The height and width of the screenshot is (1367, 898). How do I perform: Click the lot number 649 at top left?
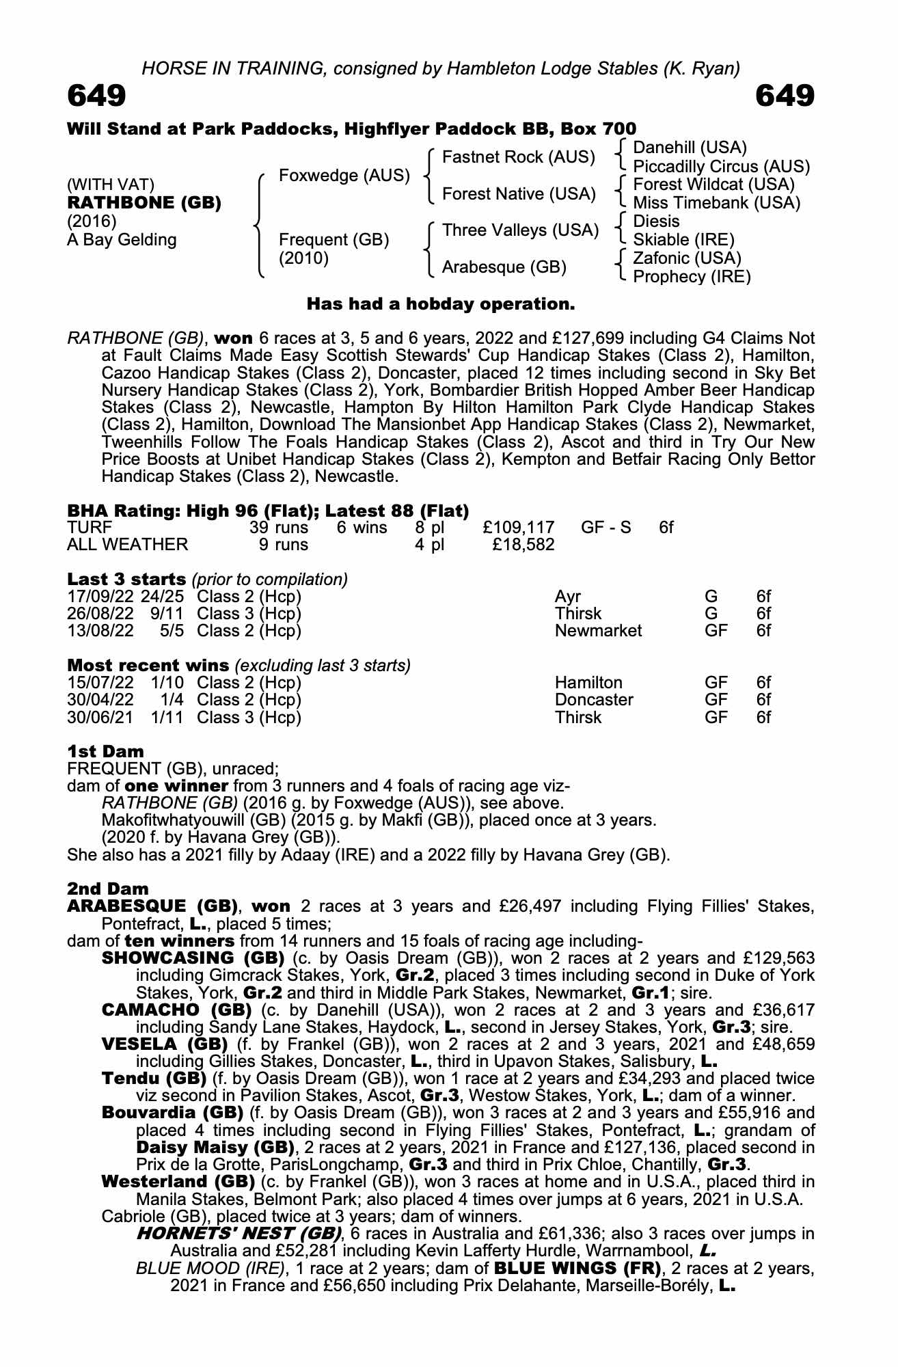tap(96, 96)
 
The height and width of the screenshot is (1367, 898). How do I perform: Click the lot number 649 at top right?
tap(785, 96)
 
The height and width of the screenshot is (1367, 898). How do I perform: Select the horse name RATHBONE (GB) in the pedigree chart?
tap(144, 203)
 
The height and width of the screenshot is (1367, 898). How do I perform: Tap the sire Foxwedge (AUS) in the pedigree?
tap(344, 176)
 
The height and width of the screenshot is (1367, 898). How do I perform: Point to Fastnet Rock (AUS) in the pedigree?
tap(519, 157)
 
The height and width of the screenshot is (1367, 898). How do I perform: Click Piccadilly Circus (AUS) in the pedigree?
tap(721, 167)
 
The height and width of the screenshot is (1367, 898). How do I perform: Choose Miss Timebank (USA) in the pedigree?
tap(716, 203)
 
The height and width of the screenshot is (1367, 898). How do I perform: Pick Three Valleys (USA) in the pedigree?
tap(520, 230)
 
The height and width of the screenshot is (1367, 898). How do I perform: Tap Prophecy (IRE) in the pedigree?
tap(692, 277)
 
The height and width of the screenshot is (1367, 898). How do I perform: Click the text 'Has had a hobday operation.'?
tap(441, 303)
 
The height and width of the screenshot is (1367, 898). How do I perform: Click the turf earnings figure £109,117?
tap(518, 528)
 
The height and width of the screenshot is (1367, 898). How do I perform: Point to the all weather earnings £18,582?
tap(523, 545)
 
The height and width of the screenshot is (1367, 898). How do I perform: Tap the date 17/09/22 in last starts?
tap(100, 597)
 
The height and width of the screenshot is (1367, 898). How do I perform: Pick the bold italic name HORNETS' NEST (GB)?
tap(239, 1234)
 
